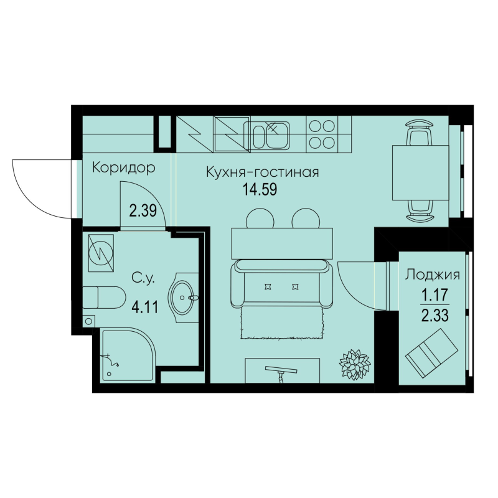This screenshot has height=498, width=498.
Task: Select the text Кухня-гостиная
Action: pyautogui.click(x=262, y=172)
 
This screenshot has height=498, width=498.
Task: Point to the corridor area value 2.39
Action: pyautogui.click(x=142, y=211)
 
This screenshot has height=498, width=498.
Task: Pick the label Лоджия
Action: pyautogui.click(x=433, y=274)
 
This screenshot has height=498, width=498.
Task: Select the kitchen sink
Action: pyautogui.click(x=268, y=134)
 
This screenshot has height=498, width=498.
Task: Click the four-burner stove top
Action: pyautogui.click(x=321, y=133)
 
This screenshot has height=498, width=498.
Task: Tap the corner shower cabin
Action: pyautogui.click(x=125, y=355)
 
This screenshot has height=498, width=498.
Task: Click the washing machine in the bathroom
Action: pyautogui.click(x=101, y=252)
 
